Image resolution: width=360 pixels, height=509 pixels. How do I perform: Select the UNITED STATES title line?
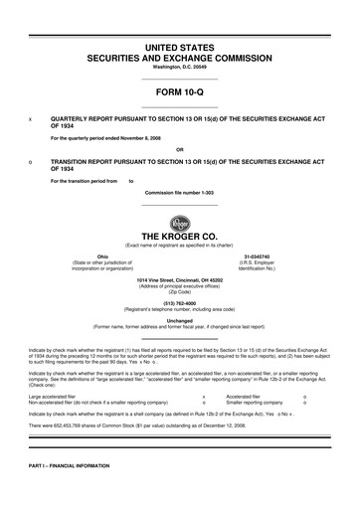point(179,47)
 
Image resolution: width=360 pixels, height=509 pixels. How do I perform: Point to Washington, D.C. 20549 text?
point(179,67)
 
